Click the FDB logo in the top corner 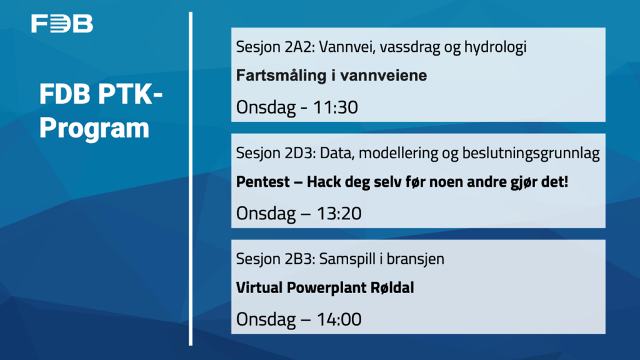(62, 24)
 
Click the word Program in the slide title (94, 129)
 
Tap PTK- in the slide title (130, 94)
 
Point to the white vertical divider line (191, 179)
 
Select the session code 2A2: (299, 47)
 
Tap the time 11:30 (336, 107)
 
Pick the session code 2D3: (300, 153)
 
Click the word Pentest (263, 182)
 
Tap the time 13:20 (339, 214)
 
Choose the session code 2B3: (300, 259)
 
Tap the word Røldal (392, 287)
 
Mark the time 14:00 (339, 319)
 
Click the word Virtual (259, 287)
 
